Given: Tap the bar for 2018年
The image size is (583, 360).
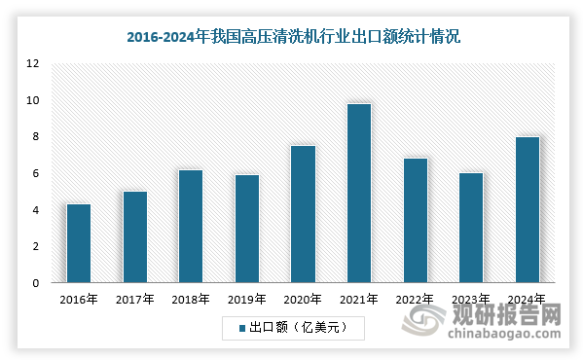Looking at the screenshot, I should click(x=190, y=227).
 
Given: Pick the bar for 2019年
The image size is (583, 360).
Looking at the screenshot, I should click(x=246, y=229).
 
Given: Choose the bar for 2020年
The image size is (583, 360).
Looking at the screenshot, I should click(x=303, y=214).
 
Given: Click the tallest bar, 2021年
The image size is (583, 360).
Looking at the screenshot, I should click(x=358, y=194).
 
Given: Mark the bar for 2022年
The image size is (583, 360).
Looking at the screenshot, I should click(x=415, y=221).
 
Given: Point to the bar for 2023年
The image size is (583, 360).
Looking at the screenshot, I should click(x=471, y=228).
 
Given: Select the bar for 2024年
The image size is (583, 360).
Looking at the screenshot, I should click(x=527, y=210).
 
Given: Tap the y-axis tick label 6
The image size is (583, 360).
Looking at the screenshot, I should click(x=35, y=174).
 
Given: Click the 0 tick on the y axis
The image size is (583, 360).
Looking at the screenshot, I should click(x=35, y=284).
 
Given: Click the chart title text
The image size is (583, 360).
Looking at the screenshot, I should click(x=292, y=38).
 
